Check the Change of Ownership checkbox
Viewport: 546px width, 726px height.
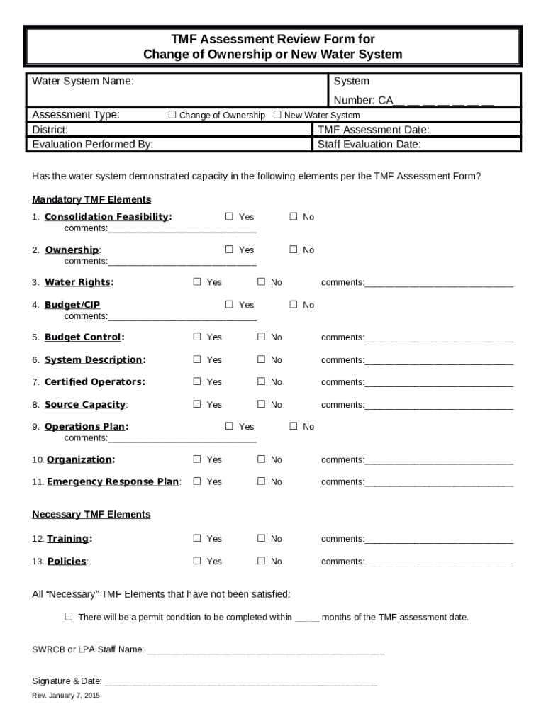click(x=172, y=115)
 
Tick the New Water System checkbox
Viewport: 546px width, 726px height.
click(x=277, y=115)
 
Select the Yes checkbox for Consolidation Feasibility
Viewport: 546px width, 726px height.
click(x=229, y=217)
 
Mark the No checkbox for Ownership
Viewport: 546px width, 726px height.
click(x=293, y=250)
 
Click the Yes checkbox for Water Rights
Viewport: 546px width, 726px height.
click(x=197, y=282)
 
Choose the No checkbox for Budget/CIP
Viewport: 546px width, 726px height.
click(x=293, y=305)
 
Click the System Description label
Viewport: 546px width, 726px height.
click(x=93, y=360)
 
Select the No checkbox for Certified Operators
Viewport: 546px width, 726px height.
click(x=261, y=382)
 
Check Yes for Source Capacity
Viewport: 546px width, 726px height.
click(x=197, y=404)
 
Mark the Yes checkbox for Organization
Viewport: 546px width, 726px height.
click(x=197, y=459)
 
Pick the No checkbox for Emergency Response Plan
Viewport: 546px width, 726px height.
click(x=261, y=481)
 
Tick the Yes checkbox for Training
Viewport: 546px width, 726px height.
click(x=197, y=539)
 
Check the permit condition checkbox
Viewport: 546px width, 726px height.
click(x=69, y=617)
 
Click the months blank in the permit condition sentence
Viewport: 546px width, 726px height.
click(x=306, y=618)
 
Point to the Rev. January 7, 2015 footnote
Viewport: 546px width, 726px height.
click(x=66, y=696)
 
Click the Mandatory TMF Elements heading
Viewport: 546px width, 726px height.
click(x=91, y=200)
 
